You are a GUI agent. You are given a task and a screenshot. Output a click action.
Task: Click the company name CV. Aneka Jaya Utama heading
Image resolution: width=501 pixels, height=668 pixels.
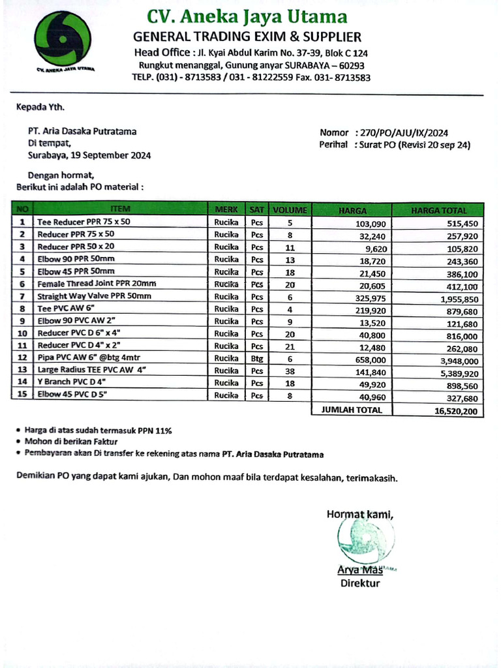(x=247, y=16)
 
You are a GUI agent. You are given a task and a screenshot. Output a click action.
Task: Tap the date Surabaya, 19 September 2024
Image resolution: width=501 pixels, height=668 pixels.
(x=89, y=155)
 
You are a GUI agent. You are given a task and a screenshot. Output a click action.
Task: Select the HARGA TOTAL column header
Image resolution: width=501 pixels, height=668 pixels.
(x=438, y=210)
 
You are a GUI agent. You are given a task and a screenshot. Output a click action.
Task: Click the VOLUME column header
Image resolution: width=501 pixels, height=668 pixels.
(x=289, y=210)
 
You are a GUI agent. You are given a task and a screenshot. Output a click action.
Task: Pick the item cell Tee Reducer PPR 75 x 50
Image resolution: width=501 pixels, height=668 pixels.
(x=84, y=222)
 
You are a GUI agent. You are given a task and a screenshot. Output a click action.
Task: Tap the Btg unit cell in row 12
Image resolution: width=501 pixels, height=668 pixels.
(x=258, y=358)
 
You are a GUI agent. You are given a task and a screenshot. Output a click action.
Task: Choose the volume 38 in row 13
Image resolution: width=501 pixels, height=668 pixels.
(x=290, y=371)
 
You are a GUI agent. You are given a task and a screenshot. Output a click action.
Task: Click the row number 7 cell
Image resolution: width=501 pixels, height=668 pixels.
(x=22, y=296)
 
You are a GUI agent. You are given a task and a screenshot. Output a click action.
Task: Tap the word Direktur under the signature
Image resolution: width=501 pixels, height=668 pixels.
(x=359, y=583)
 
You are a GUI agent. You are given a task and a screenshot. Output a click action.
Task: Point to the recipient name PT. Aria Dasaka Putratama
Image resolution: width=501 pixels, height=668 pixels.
(x=82, y=132)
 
